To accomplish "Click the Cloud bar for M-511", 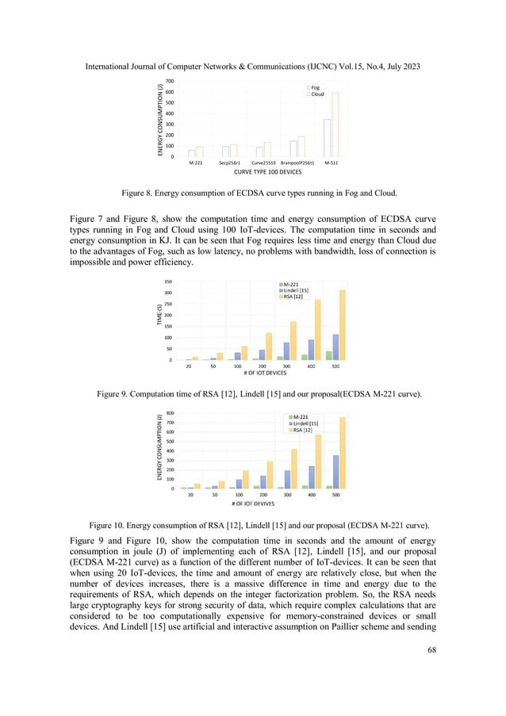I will pos(335,124).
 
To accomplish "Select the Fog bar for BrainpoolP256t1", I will pos(293,148).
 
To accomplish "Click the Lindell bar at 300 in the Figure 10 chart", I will pos(288,479).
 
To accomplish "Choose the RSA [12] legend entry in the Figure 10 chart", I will pos(303,431).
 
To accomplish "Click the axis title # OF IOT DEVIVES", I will pos(259,503).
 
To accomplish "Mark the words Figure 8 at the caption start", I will pos(140,190).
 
